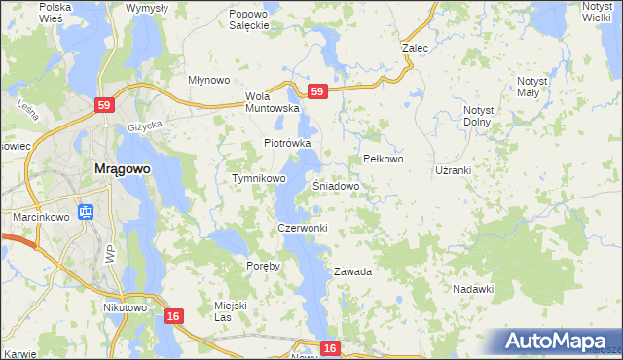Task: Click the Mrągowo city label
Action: [122, 168]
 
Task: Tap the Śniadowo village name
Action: [337, 185]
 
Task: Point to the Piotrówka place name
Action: [287, 143]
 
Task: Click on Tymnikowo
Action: [258, 179]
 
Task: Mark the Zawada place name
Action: [353, 271]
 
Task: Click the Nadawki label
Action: [474, 289]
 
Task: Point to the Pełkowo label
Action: [383, 158]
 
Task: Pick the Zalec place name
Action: [416, 46]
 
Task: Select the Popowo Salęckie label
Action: [248, 20]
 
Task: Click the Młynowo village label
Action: [208, 81]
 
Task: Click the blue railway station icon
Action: [86, 210]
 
